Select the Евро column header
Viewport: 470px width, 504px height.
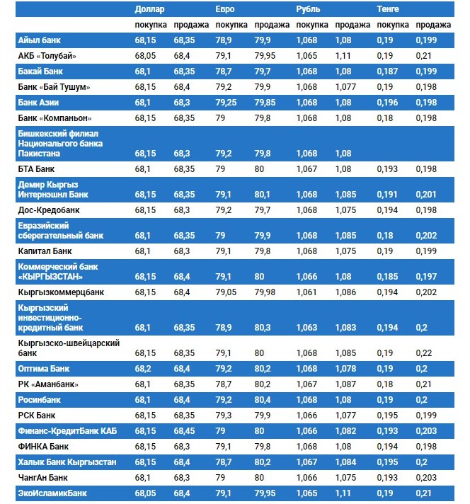tap(225, 9)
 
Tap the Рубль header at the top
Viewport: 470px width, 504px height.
tap(308, 9)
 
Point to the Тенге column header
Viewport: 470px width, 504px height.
tap(388, 9)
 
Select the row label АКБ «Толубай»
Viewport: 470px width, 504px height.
tap(47, 56)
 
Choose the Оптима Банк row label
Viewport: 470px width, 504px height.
tap(47, 369)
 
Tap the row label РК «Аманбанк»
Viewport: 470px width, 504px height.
tap(48, 384)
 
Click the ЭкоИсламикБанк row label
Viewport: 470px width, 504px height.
tap(53, 493)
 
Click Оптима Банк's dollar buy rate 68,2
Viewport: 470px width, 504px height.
tap(144, 369)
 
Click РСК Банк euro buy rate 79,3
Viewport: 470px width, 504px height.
tap(224, 416)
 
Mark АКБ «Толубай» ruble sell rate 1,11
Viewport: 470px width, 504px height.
tap(344, 56)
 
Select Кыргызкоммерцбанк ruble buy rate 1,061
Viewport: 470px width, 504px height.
tap(307, 291)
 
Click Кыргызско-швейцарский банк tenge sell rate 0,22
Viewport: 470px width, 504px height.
tap(423, 353)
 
